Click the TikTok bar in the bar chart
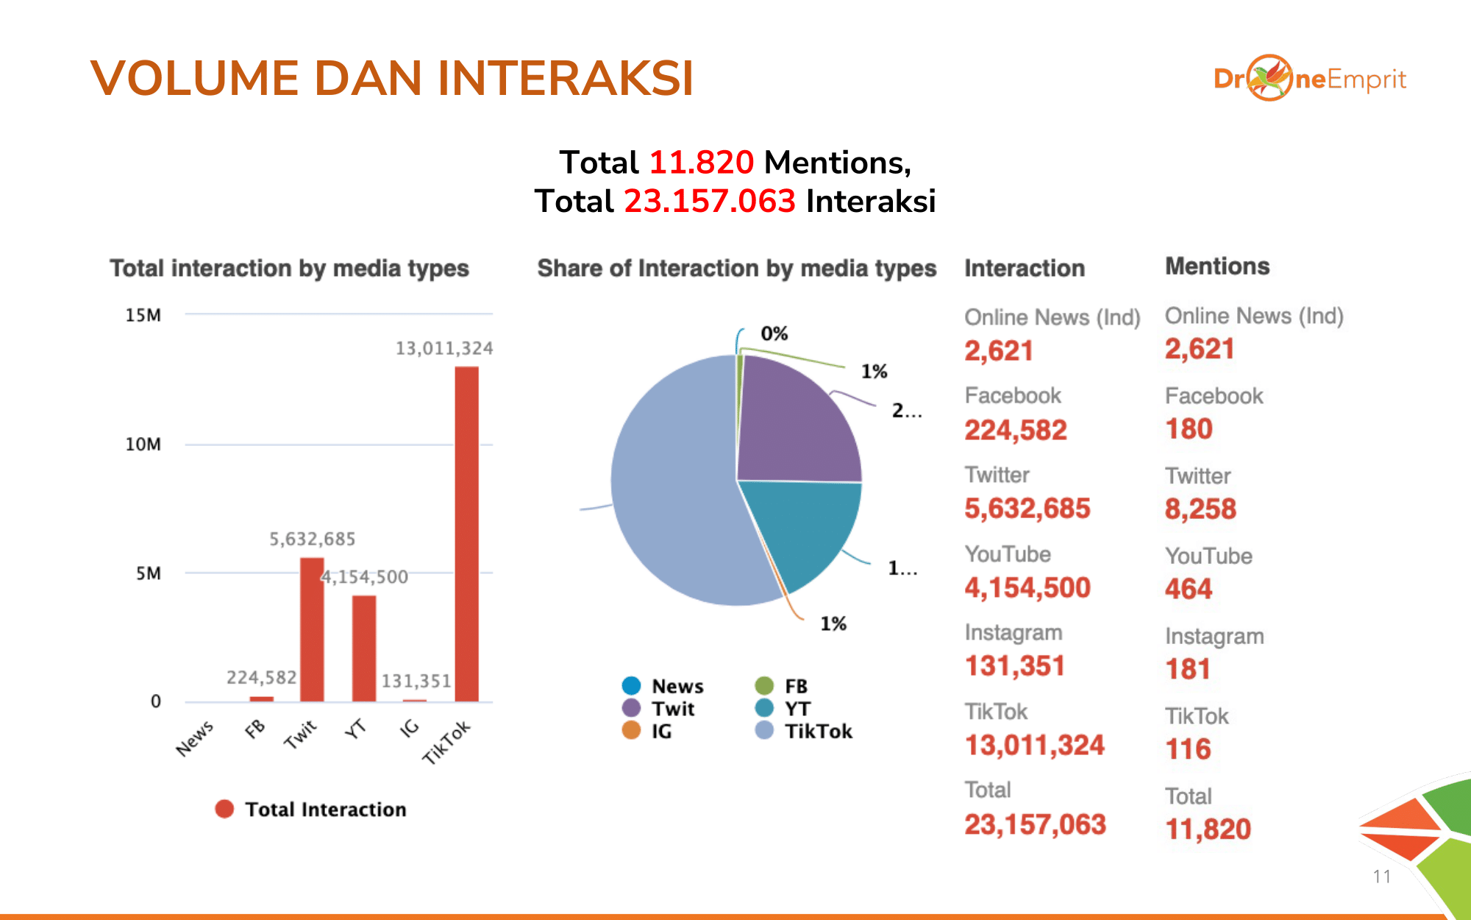[466, 534]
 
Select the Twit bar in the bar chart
[312, 629]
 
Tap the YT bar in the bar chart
[363, 648]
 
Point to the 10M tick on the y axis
[143, 445]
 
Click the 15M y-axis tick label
[143, 315]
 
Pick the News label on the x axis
[195, 738]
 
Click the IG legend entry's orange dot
[631, 730]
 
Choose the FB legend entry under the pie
[781, 686]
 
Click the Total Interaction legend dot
[224, 809]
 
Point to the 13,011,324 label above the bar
[444, 348]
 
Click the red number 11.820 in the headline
[701, 162]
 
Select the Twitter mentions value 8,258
[1200, 509]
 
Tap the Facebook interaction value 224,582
[1015, 430]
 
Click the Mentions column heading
[1217, 266]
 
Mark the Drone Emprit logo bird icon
[1269, 77]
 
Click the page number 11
[1381, 877]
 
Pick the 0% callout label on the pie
[774, 333]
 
